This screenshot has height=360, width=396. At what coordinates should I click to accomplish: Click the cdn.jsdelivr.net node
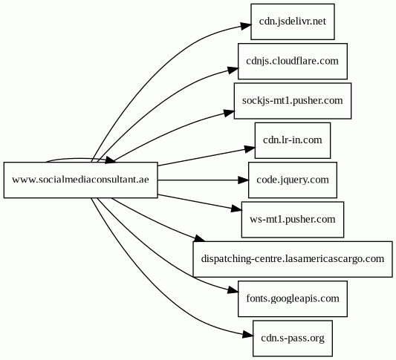[x=293, y=22]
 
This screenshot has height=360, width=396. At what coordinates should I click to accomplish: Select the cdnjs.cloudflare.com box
[x=293, y=62]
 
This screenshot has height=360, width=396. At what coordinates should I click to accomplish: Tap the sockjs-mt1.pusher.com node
[x=293, y=101]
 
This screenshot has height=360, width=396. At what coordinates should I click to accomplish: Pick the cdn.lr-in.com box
[x=293, y=140]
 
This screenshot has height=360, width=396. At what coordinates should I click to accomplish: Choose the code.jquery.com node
[x=293, y=180]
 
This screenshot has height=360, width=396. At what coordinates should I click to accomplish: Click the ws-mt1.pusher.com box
[x=293, y=220]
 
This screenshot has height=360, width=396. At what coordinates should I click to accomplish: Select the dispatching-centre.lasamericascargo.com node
[x=293, y=259]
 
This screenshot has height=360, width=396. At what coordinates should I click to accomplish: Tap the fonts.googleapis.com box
[x=293, y=298]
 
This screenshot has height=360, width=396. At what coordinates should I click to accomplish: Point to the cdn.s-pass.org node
[x=293, y=338]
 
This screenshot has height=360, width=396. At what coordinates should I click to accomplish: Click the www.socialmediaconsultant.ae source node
[x=80, y=180]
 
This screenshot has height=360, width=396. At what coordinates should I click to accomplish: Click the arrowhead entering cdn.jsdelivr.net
[x=245, y=26]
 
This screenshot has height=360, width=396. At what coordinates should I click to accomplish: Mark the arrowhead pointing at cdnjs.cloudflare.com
[x=233, y=69]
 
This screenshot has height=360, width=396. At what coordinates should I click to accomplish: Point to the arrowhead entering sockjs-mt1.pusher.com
[x=229, y=112]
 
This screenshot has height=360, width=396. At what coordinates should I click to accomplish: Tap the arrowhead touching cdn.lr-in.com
[x=250, y=149]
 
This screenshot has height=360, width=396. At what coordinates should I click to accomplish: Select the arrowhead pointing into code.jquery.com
[x=244, y=180]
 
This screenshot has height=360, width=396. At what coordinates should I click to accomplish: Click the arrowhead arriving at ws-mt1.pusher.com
[x=237, y=209]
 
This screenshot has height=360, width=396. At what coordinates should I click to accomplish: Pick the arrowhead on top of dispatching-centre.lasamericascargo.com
[x=200, y=238]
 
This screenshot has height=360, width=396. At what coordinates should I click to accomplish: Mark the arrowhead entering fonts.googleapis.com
[x=233, y=290]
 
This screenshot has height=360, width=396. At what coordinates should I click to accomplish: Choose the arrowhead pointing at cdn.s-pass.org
[x=247, y=335]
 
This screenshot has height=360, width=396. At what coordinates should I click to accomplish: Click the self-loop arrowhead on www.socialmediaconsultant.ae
[x=111, y=160]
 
